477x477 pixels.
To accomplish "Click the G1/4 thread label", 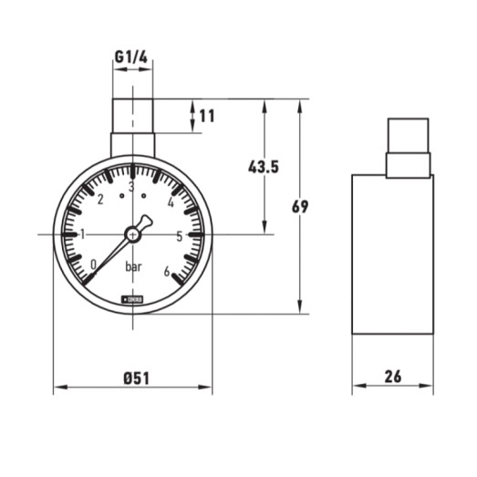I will point(132,57).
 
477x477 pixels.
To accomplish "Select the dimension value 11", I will point(208,116).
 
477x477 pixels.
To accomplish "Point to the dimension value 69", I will point(300,207).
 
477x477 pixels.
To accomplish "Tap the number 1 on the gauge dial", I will point(83,233).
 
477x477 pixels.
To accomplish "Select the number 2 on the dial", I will point(100,201).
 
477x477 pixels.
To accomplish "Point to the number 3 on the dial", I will point(132,188).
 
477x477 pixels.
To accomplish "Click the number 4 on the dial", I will point(171,202).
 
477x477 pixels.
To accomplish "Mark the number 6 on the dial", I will point(166,270).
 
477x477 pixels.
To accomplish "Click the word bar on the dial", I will point(134,266).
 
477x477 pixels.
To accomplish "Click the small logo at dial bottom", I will point(133,297).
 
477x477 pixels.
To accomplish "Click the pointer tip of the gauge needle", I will point(88,278).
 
